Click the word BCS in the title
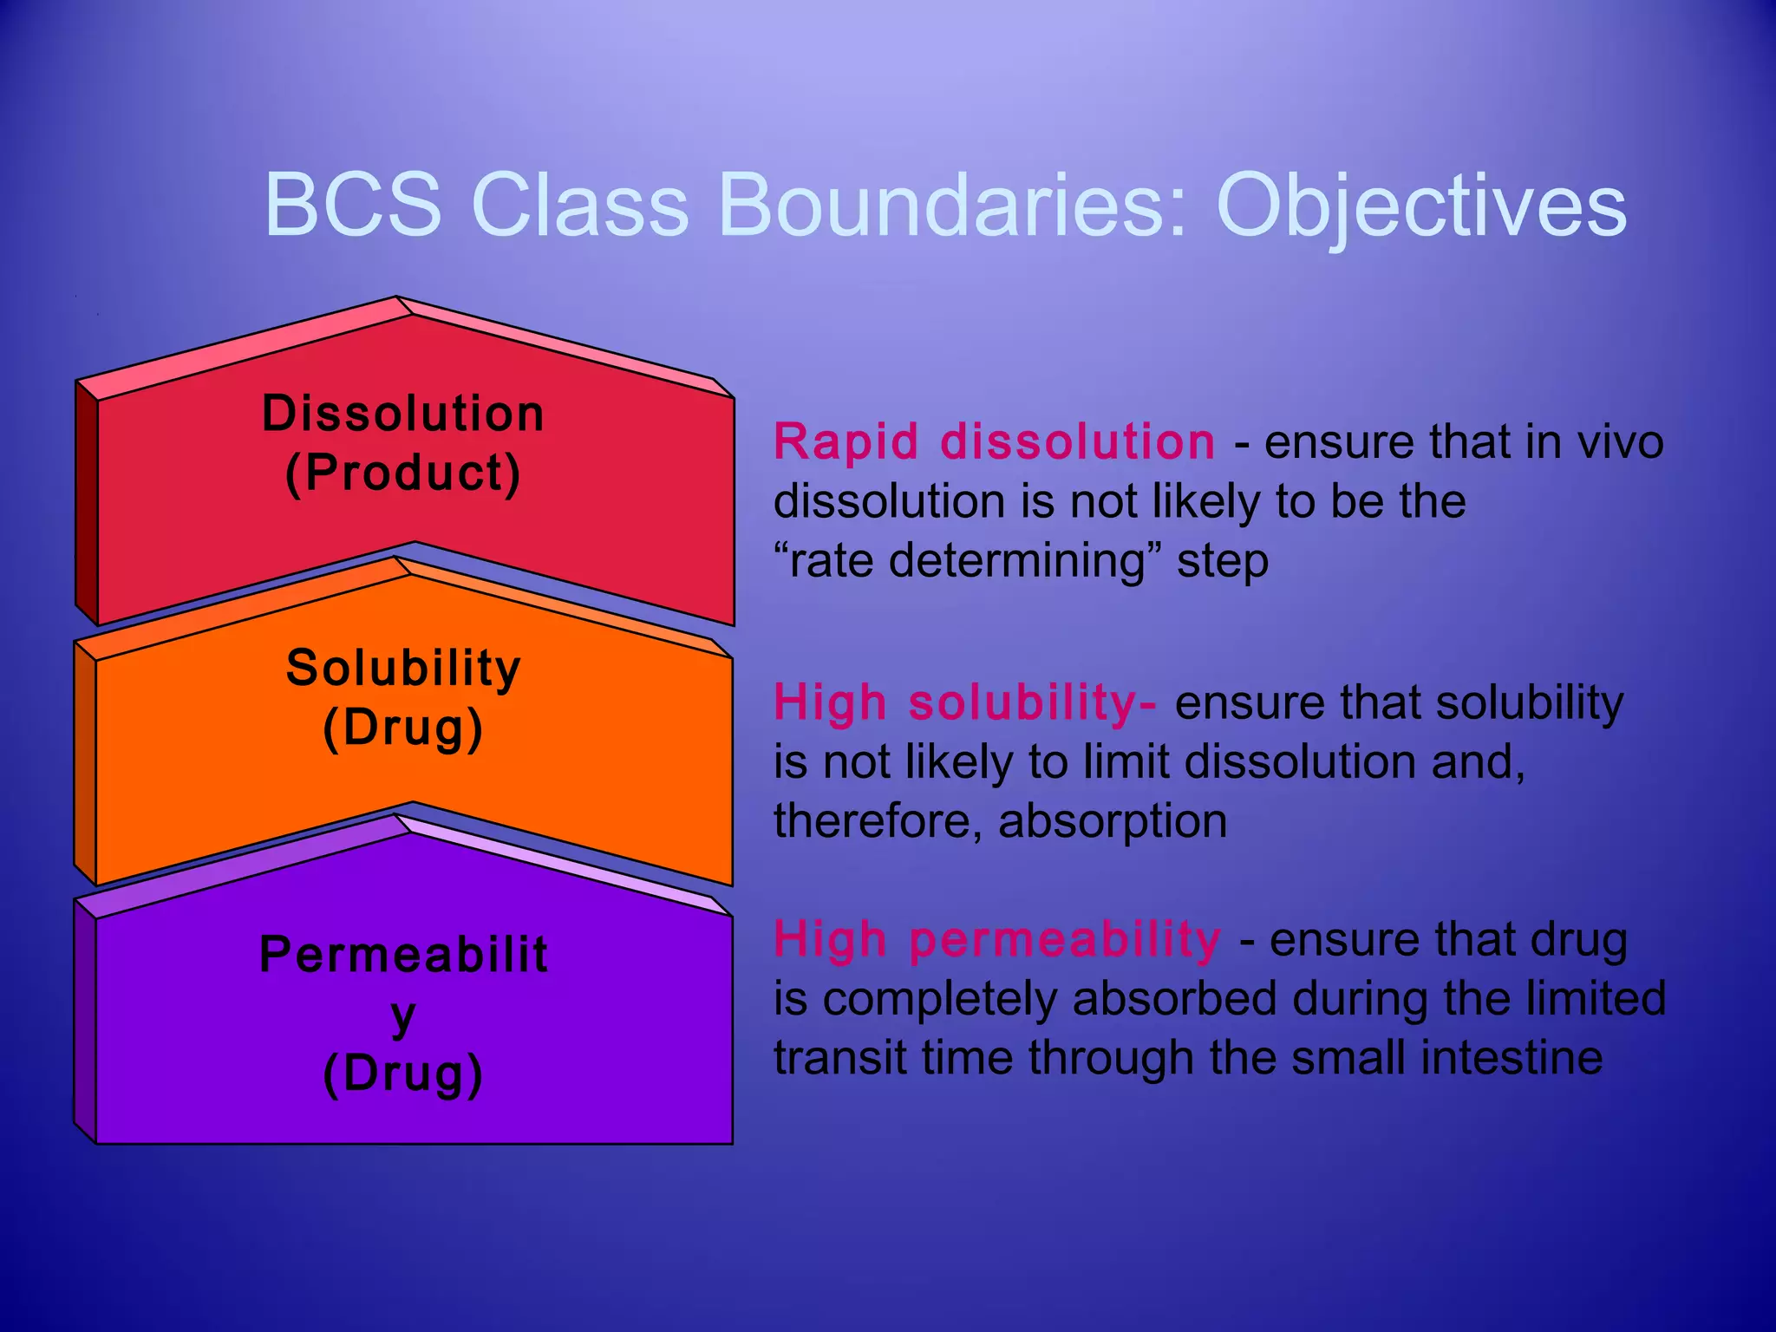353,205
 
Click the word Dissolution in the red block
403,413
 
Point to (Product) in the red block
403,473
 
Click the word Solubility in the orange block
403,668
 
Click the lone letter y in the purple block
403,1016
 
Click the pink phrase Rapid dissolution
994,441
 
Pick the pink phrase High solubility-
964,702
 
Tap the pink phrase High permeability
997,938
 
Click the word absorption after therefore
1113,820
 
